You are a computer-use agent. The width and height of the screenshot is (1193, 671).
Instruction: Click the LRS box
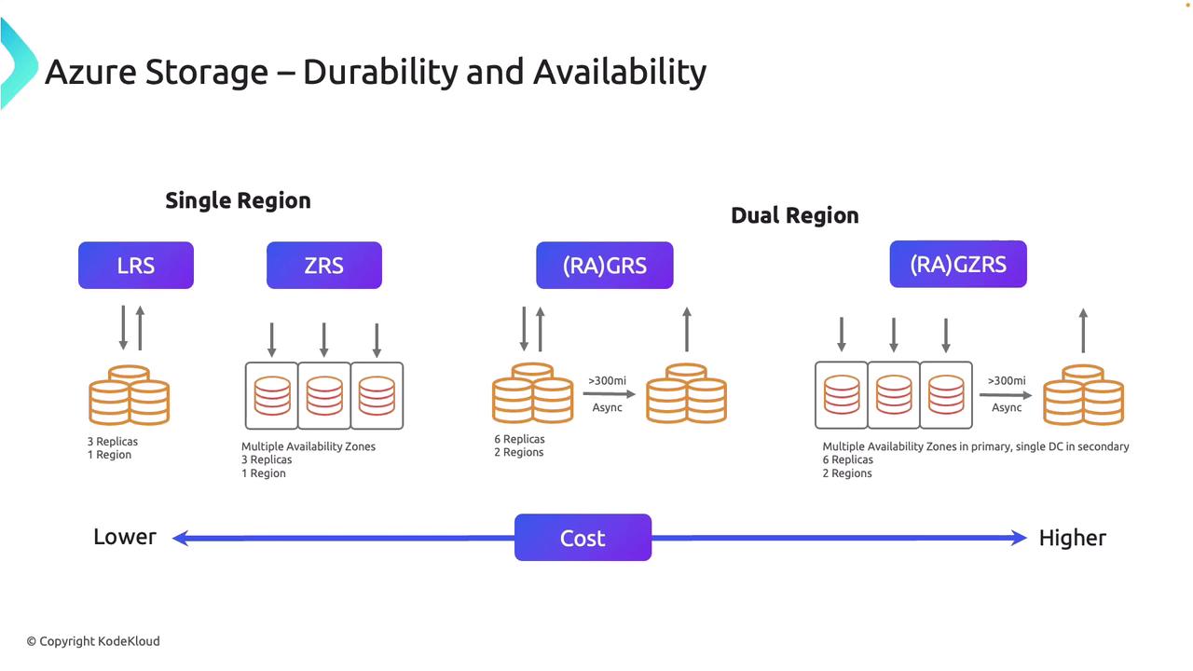point(136,266)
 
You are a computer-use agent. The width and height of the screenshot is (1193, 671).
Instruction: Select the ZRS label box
point(323,266)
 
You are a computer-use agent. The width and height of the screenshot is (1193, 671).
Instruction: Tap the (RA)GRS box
point(605,266)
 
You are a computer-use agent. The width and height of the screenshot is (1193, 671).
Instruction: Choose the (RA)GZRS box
point(958,264)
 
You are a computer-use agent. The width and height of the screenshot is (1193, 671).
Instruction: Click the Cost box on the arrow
point(583,538)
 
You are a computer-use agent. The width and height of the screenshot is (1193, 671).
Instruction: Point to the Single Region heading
point(238,200)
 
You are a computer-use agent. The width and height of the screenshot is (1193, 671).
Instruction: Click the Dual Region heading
point(795,215)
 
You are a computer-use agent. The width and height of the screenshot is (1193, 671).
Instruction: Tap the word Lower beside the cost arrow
point(125,537)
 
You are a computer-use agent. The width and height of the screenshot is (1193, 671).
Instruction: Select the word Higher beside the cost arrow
point(1072,538)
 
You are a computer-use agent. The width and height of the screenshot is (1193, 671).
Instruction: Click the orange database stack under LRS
point(129,394)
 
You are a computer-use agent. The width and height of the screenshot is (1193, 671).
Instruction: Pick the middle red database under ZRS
point(324,396)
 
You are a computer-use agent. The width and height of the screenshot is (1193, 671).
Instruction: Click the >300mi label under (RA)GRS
point(607,381)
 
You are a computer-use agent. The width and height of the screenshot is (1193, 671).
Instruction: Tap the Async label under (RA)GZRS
point(1007,408)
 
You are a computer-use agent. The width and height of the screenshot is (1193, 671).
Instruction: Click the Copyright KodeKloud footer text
point(93,641)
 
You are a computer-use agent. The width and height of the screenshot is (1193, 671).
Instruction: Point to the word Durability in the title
point(380,72)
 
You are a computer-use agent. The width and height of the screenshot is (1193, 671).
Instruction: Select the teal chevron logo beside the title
point(19,63)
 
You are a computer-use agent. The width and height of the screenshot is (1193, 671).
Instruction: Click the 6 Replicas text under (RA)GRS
point(519,439)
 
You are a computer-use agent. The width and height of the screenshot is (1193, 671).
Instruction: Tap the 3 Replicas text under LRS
point(113,442)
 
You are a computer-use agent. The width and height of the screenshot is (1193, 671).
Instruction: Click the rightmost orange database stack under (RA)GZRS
point(1083,394)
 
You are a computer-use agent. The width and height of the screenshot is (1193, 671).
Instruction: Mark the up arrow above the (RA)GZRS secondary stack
point(1083,330)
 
